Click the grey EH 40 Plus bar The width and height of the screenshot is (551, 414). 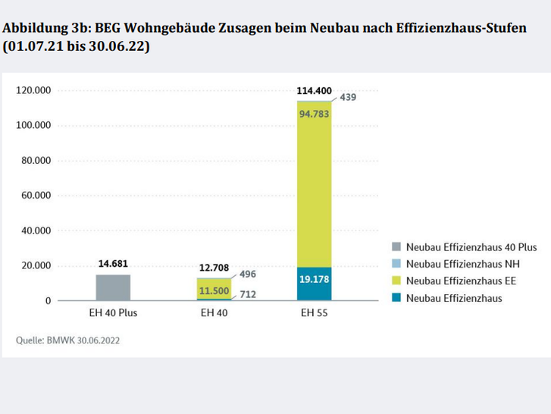[x=113, y=287]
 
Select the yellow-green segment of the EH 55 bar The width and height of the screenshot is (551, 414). [x=315, y=190]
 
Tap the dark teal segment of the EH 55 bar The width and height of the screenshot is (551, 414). [x=315, y=284]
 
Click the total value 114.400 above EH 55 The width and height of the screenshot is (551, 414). [x=315, y=91]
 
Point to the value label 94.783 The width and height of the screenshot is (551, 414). [x=315, y=114]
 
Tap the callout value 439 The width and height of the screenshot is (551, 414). [x=348, y=97]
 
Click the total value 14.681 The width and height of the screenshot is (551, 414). [x=113, y=264]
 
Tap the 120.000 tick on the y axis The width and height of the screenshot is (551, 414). [x=33, y=90]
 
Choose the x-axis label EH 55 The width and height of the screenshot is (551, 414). [x=315, y=312]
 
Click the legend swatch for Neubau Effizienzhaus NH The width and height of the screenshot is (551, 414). [x=397, y=265]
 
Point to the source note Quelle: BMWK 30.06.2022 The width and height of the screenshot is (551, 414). [x=68, y=340]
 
